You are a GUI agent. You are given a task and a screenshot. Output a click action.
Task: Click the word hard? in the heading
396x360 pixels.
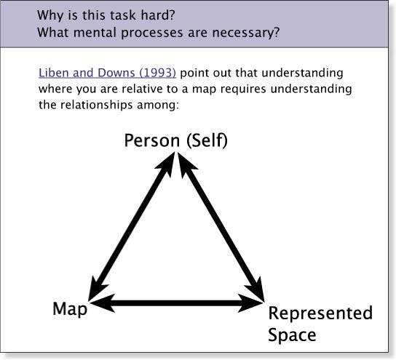click(x=158, y=15)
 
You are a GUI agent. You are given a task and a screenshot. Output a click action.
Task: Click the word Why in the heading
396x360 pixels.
click(x=50, y=16)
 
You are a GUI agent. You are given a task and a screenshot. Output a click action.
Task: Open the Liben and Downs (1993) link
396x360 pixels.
click(x=107, y=73)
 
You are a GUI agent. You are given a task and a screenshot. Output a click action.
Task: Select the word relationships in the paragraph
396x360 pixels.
click(x=96, y=105)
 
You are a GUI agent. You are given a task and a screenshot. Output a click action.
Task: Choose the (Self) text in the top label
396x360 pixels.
click(x=207, y=140)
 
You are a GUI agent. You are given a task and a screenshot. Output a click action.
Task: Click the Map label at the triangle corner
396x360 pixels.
click(x=70, y=309)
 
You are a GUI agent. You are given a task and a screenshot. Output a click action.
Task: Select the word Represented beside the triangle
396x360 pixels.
click(x=320, y=313)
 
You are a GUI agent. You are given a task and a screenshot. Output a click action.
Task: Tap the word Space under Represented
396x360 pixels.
click(x=292, y=335)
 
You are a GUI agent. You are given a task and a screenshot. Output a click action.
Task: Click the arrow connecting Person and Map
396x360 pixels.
click(x=132, y=226)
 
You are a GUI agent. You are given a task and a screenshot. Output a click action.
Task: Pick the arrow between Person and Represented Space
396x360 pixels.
click(x=221, y=227)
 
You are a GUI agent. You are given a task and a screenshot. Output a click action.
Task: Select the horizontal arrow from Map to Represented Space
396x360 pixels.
click(x=176, y=303)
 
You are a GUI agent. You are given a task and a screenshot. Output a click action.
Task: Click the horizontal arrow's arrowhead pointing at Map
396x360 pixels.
click(x=101, y=303)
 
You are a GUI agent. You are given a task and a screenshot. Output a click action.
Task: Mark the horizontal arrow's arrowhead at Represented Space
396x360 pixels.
click(x=251, y=303)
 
